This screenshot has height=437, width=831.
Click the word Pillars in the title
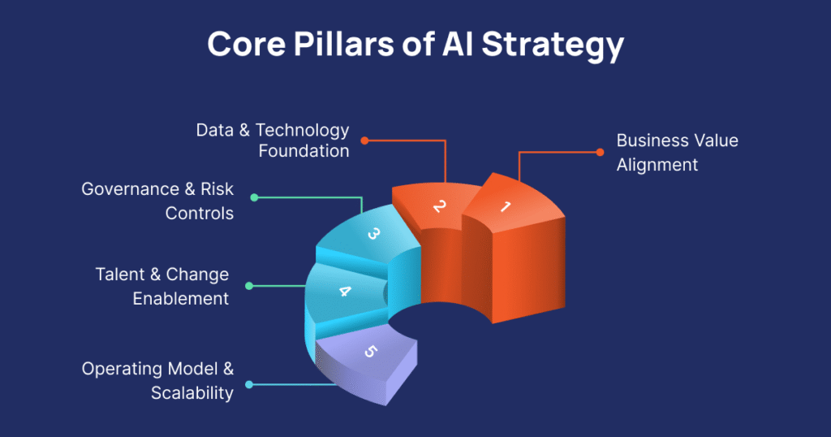(x=343, y=44)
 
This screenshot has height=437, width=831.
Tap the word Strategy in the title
(x=553, y=46)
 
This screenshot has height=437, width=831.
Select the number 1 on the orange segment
(x=505, y=206)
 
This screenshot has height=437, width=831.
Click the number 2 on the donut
(x=439, y=206)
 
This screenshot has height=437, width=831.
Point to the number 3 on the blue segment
(x=373, y=233)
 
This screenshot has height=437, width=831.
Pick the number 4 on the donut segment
(x=344, y=291)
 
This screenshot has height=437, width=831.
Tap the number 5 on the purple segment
(x=371, y=351)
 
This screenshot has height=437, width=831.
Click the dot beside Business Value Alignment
(x=600, y=152)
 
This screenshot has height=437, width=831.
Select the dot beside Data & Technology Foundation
(x=364, y=141)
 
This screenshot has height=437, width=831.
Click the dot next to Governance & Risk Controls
(x=254, y=198)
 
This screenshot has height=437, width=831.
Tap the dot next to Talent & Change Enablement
(x=249, y=286)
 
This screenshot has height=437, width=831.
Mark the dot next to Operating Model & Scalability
(x=249, y=384)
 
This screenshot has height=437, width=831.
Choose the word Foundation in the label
(x=304, y=151)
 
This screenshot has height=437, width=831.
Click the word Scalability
(x=192, y=393)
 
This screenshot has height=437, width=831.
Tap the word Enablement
(x=181, y=299)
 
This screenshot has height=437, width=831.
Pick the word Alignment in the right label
(x=657, y=166)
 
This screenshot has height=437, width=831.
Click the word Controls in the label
(x=200, y=214)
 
